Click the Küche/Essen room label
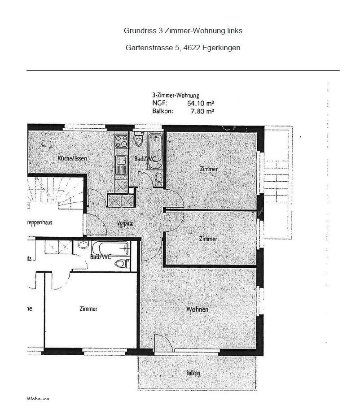(72, 158)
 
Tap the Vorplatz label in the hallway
(124, 223)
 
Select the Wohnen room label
(197, 309)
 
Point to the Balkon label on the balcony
(193, 373)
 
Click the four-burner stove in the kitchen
(121, 142)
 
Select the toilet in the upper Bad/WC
(138, 141)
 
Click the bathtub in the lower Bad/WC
(110, 248)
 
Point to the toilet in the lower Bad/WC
(121, 263)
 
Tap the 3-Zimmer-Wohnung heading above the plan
(176, 96)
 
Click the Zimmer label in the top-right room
(208, 169)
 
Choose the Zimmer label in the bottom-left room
(88, 309)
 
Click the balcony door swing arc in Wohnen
(162, 343)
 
